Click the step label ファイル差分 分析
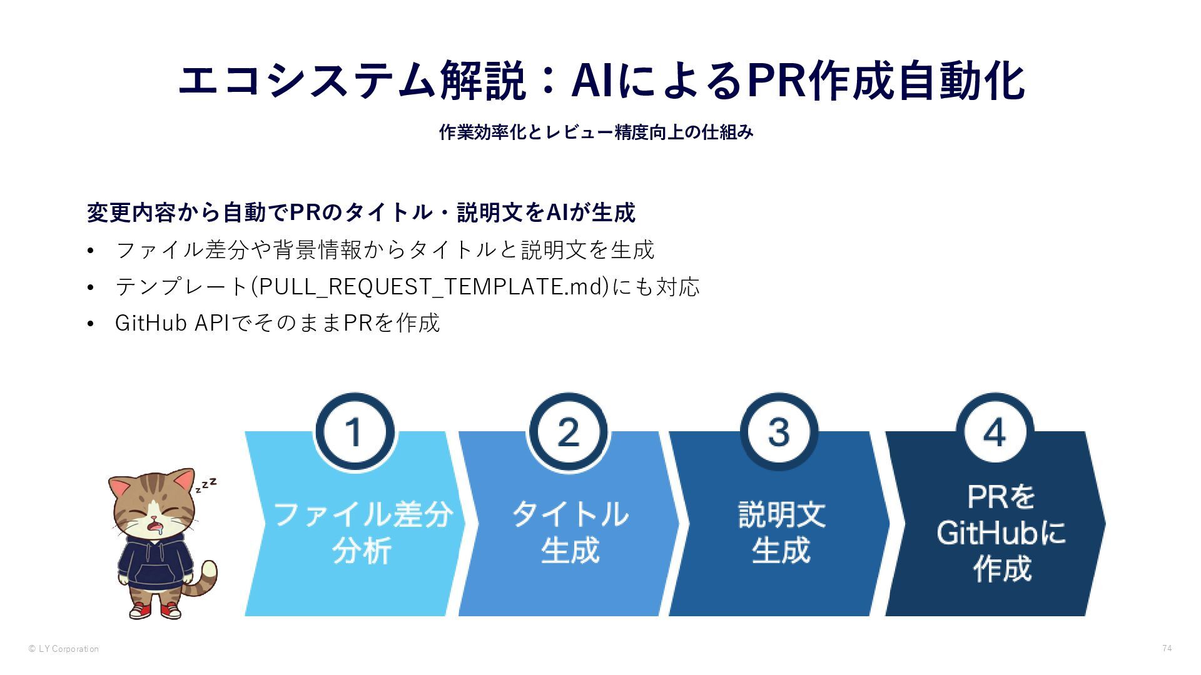[363, 532]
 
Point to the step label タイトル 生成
[570, 532]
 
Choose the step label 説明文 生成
[781, 532]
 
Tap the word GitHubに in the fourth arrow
[1001, 533]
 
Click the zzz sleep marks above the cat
[206, 485]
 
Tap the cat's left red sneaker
[141, 609]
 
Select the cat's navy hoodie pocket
[155, 574]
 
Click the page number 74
[1167, 648]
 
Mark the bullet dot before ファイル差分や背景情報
[91, 251]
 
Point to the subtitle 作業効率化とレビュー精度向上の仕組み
[596, 132]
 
